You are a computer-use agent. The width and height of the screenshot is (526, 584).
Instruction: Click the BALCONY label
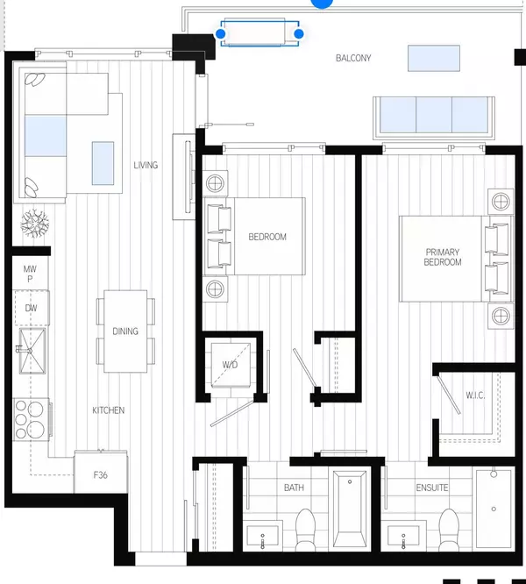point(354,59)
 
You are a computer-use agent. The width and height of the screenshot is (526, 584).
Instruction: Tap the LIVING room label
point(146,165)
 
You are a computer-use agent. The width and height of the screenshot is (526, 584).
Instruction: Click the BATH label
point(294,487)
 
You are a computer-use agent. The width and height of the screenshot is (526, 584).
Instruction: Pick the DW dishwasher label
point(31,308)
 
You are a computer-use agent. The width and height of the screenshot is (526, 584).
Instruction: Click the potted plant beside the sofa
point(34,224)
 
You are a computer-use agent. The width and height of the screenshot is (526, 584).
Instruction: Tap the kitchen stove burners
point(32,419)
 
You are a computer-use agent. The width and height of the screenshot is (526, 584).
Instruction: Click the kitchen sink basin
point(32,352)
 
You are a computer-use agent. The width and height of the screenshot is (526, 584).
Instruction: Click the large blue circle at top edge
point(323,3)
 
